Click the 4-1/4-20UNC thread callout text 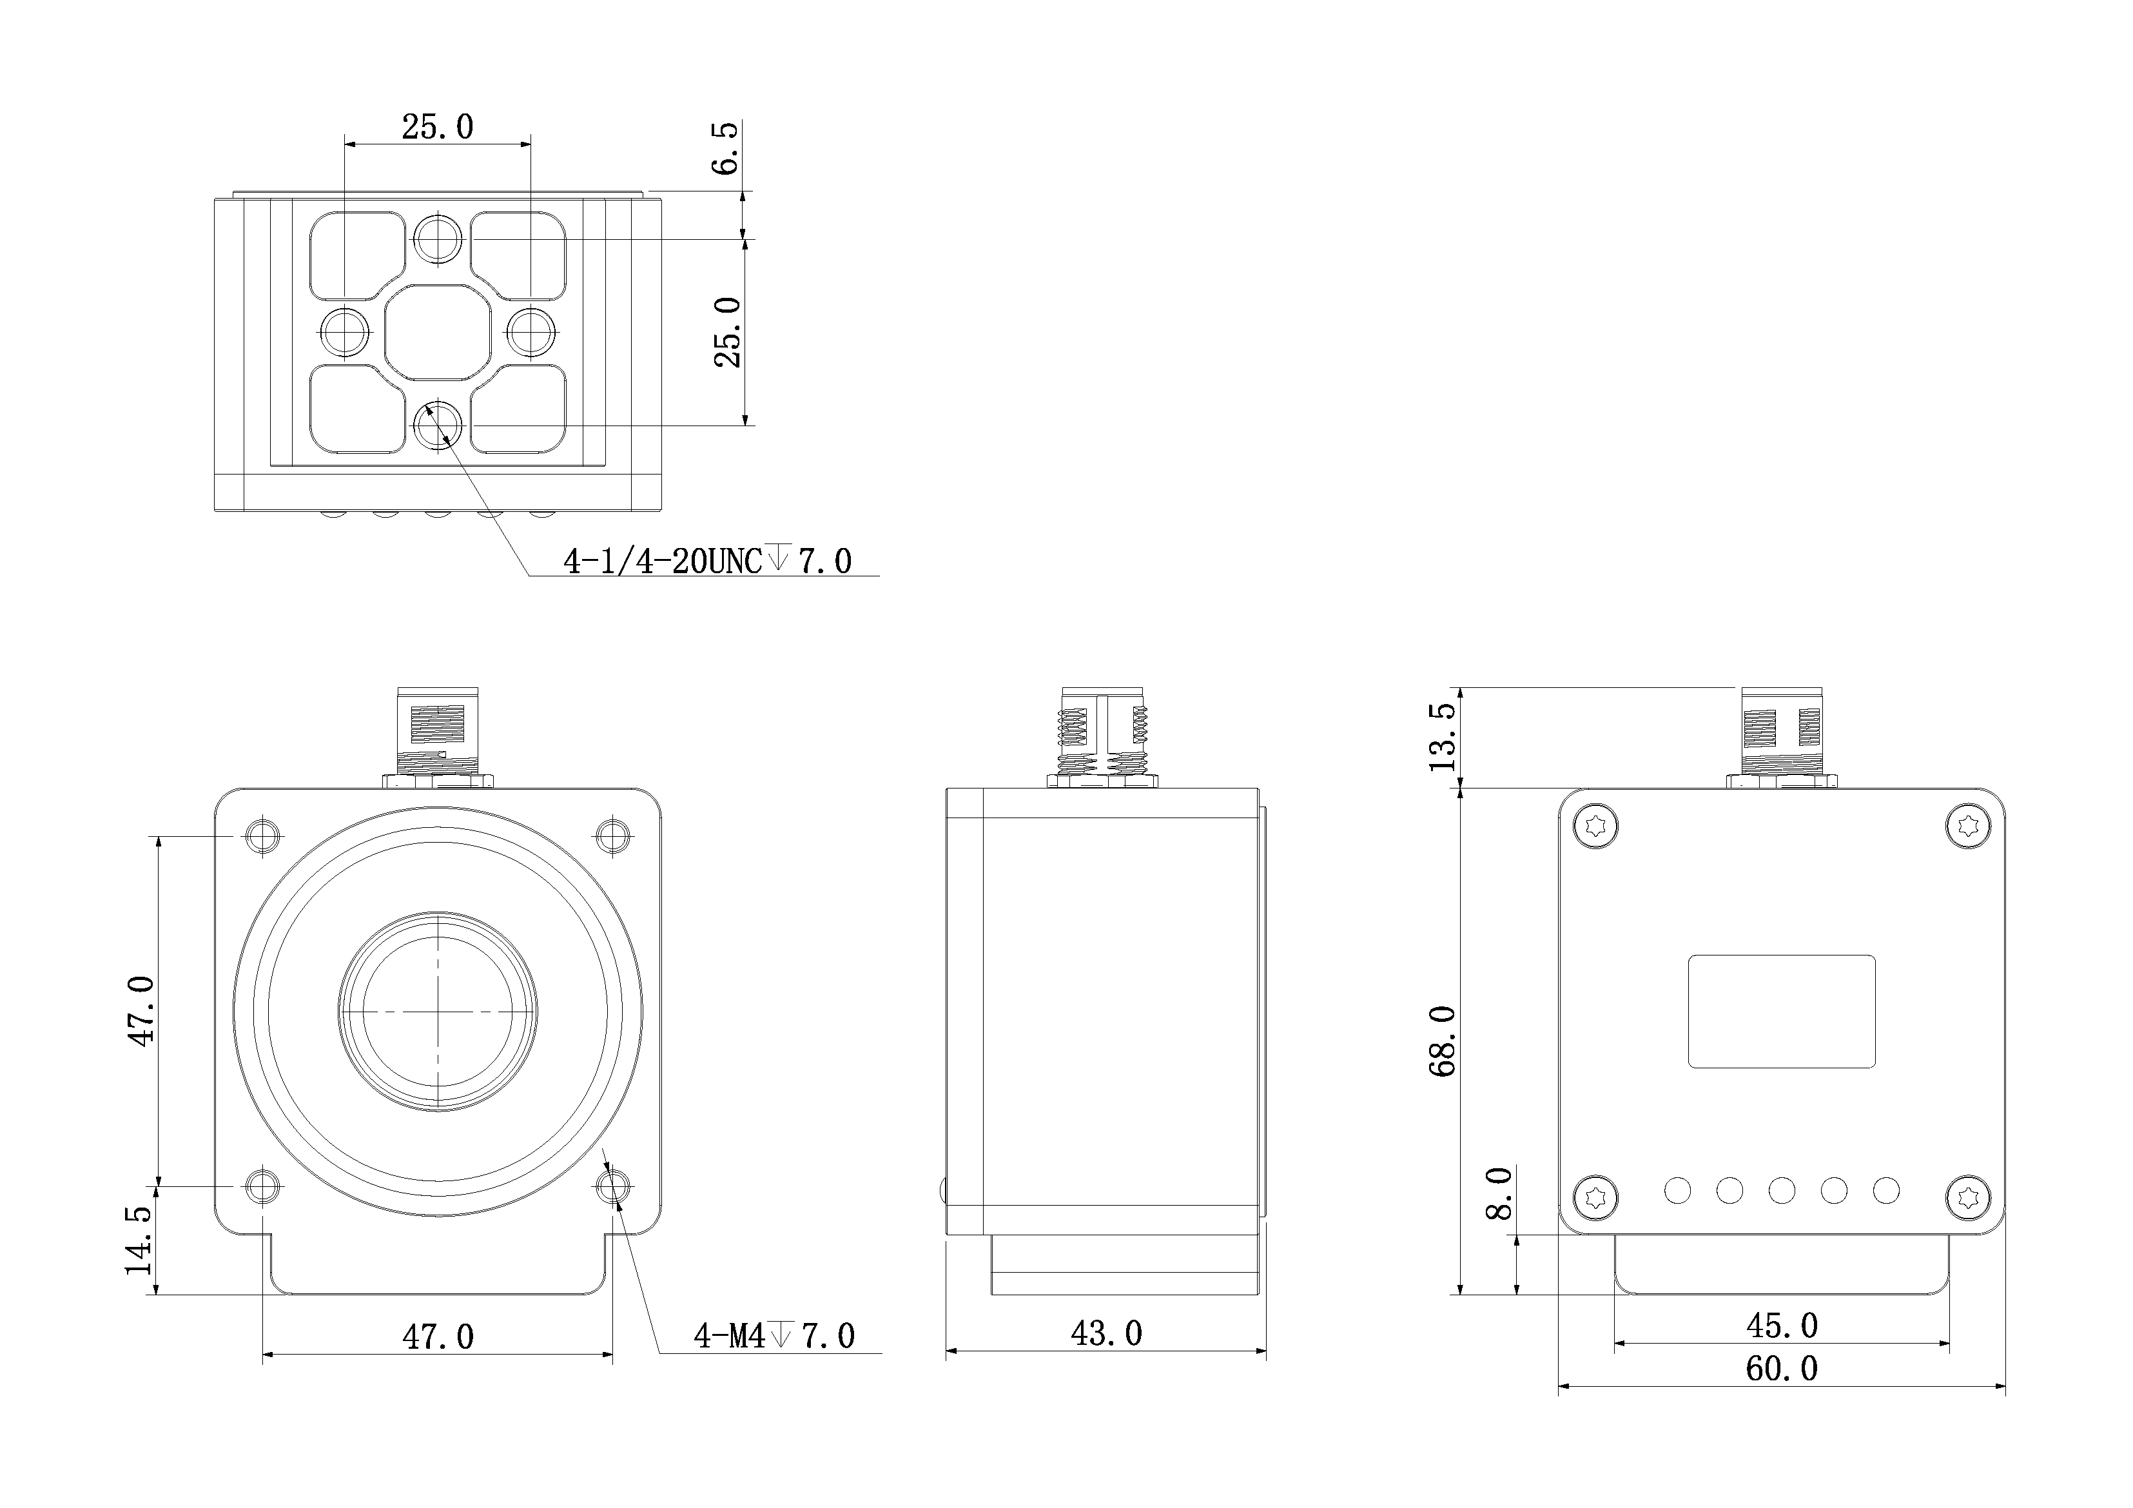point(707,561)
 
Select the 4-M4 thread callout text point(774,1336)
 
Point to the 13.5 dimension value point(1442,737)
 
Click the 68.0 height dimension point(1442,1041)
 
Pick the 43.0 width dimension point(1106,1335)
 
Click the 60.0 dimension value point(1782,1369)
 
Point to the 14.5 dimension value point(139,1240)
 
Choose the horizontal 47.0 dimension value point(438,1337)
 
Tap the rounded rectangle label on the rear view point(1781,1011)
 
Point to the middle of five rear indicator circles point(1782,1190)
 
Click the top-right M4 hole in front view point(612,836)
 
